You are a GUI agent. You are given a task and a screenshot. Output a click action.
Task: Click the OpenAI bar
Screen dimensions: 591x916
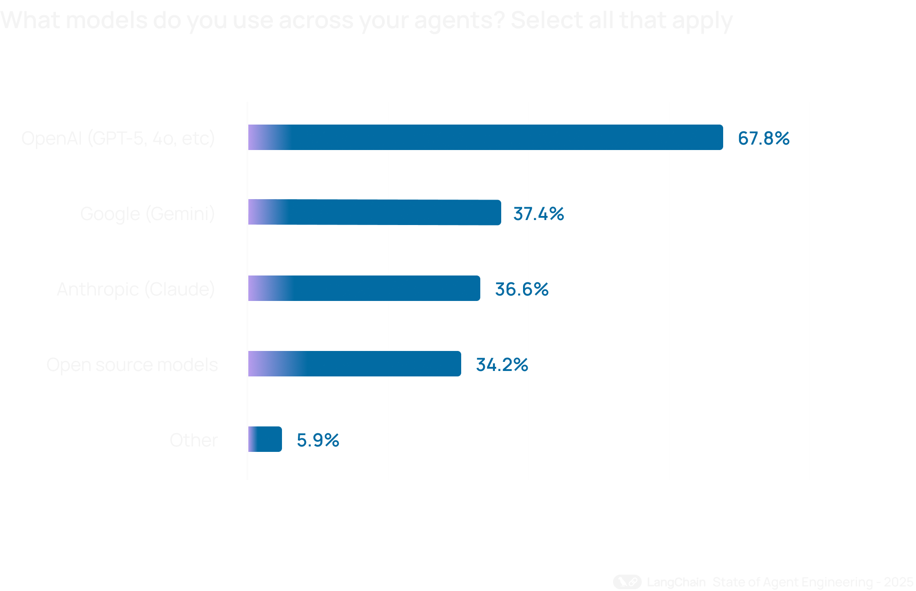point(485,137)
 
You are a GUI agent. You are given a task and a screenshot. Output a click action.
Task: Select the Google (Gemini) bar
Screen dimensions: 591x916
point(374,212)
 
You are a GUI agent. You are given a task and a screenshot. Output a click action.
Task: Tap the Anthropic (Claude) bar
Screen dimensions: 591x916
point(364,288)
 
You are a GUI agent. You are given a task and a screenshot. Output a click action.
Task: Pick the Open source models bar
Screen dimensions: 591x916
point(354,364)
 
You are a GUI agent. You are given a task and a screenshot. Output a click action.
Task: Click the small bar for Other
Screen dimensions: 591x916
point(265,439)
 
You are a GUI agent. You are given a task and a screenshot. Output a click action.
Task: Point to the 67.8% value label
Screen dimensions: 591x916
point(764,138)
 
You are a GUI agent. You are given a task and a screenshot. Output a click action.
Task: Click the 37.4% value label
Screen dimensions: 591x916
point(539,214)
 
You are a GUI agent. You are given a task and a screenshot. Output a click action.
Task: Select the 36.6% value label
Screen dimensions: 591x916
point(522,289)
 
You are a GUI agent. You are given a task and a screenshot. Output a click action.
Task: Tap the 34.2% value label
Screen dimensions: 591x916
point(502,365)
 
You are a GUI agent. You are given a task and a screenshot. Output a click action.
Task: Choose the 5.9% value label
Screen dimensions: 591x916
point(318,440)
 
